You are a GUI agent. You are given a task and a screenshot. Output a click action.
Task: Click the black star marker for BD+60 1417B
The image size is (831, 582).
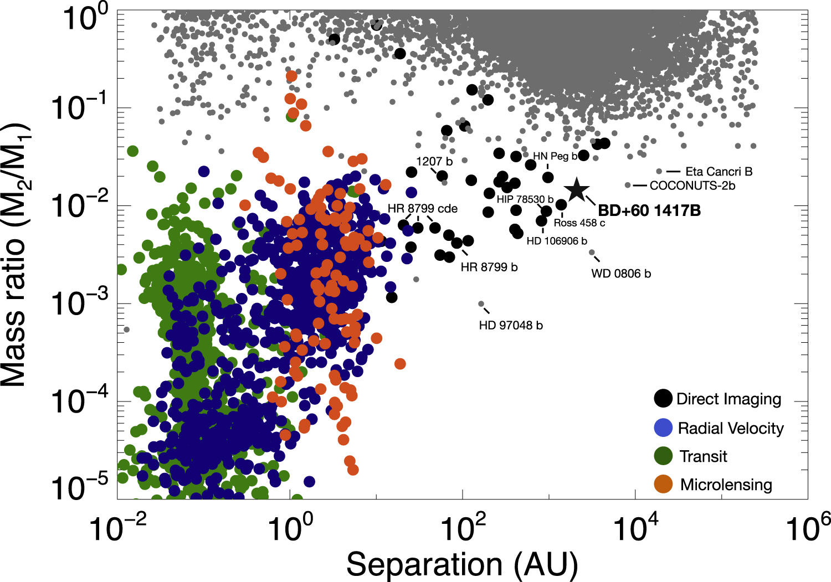coord(577,190)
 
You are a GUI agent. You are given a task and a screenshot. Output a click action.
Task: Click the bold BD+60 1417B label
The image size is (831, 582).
coord(649,211)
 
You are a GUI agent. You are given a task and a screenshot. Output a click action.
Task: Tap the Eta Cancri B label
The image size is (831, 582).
coord(719,172)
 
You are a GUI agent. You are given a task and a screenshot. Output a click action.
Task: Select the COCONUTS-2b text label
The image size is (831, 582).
coord(692,186)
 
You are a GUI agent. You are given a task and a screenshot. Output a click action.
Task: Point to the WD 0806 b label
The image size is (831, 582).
coord(621,274)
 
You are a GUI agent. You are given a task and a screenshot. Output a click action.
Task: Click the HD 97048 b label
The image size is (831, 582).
coord(511,326)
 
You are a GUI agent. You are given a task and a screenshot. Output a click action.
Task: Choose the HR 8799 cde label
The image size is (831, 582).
coord(423,209)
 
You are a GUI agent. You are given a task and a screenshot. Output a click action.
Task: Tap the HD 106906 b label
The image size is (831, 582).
coord(557,241)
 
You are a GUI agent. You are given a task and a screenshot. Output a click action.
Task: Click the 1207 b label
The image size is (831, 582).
coord(434,162)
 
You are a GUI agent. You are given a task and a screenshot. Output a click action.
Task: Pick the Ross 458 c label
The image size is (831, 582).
coord(579,223)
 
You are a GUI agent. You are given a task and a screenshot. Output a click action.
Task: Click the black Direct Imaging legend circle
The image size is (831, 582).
coord(663,399)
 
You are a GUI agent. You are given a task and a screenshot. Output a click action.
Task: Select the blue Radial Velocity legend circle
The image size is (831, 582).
coord(663,428)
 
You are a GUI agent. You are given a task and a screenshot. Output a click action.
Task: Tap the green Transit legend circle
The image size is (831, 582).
coord(663,456)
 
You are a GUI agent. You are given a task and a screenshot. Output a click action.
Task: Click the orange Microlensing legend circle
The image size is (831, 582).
coord(663,485)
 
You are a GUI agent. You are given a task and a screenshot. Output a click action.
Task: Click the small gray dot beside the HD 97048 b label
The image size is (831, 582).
coord(481,304)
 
